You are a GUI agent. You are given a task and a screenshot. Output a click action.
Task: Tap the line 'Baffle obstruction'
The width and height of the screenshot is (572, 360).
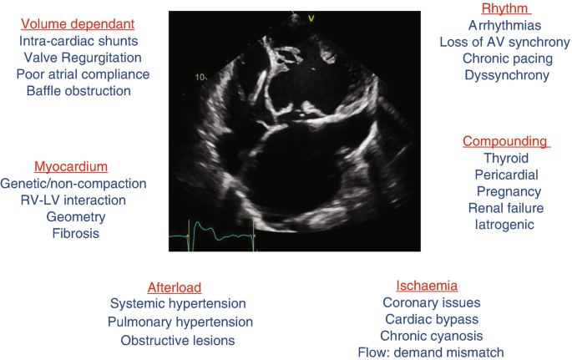pos(78,90)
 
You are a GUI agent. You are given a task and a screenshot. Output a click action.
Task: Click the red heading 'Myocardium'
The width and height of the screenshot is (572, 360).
pos(71,167)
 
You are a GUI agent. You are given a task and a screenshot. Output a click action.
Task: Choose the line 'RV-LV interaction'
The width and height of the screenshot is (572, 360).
pos(73,200)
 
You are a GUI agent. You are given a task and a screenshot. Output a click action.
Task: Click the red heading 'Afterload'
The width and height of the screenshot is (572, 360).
pos(175,287)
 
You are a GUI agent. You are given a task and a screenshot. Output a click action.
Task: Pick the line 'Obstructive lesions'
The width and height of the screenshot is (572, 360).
pos(177,340)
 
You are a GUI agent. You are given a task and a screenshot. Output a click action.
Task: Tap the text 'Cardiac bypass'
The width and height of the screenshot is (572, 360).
pos(431,319)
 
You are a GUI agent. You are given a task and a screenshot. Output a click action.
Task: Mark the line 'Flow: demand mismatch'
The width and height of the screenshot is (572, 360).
pos(431,352)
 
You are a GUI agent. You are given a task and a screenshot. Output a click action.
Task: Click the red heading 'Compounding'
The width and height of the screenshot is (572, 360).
pos(506,141)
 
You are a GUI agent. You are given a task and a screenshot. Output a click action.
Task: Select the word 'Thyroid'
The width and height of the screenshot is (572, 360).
pos(506,158)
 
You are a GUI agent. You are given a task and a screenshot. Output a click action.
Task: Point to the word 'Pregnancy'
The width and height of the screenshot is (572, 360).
pos(506,191)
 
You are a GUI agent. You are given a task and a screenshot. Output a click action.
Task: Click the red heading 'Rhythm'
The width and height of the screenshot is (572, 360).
pos(507,9)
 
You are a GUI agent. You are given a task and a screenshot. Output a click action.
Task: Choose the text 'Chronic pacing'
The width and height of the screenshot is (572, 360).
pos(507,58)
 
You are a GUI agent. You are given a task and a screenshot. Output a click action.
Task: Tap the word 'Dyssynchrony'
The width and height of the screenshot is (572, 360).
pos(507,75)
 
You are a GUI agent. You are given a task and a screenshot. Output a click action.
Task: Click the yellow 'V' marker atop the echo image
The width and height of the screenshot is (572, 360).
pos(311,18)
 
